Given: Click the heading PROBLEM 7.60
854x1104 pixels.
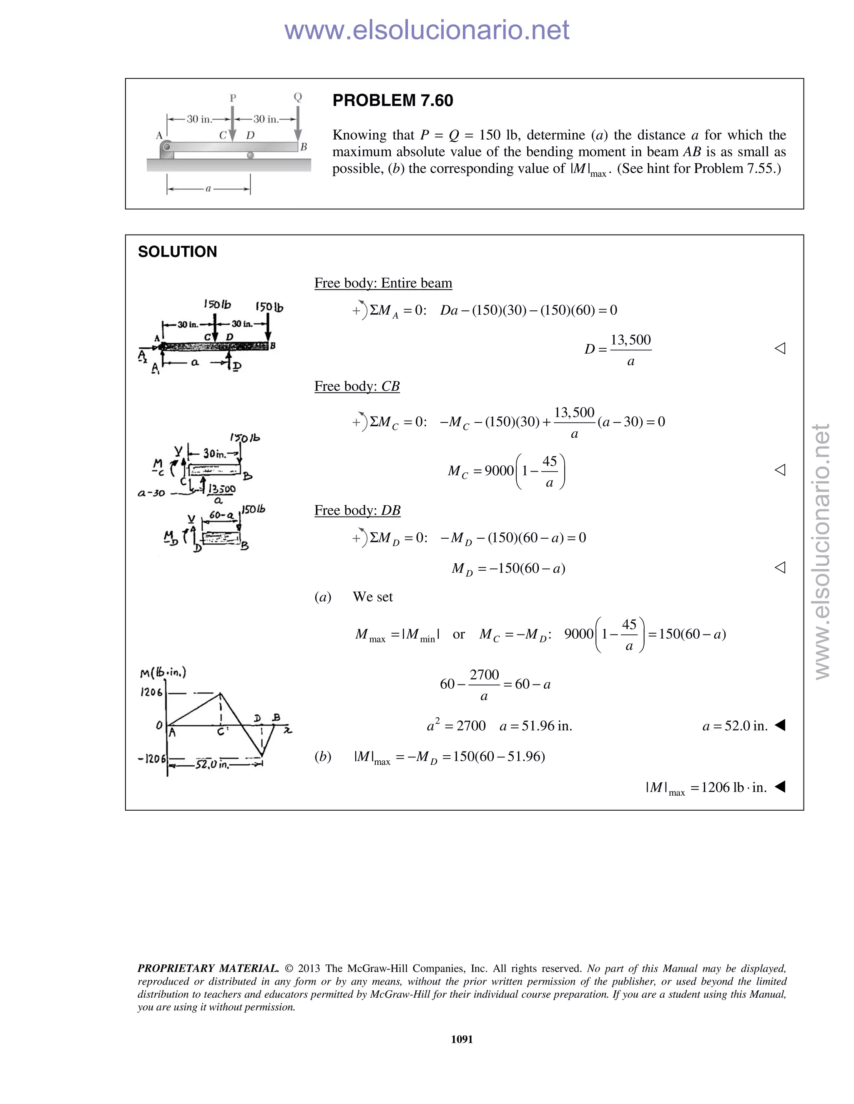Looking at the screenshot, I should point(392,100).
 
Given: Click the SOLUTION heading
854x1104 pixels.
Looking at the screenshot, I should point(177,252).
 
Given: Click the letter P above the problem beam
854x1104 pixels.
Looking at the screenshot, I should point(233,98).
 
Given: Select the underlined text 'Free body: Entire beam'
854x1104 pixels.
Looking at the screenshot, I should point(383,283).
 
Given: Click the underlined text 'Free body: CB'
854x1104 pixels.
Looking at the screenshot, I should point(357,386).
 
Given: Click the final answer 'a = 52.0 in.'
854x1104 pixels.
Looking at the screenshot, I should point(735,726).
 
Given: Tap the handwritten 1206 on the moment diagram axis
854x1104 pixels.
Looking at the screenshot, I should point(151,692).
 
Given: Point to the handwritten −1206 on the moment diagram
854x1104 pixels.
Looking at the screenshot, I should point(151,759).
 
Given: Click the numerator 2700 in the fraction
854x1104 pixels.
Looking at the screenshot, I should point(484,675).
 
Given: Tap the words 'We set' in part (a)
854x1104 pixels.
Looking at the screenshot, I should point(372,597).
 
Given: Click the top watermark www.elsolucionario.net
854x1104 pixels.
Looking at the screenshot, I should point(427,30).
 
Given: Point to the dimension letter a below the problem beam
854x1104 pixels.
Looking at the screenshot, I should point(208,189).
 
